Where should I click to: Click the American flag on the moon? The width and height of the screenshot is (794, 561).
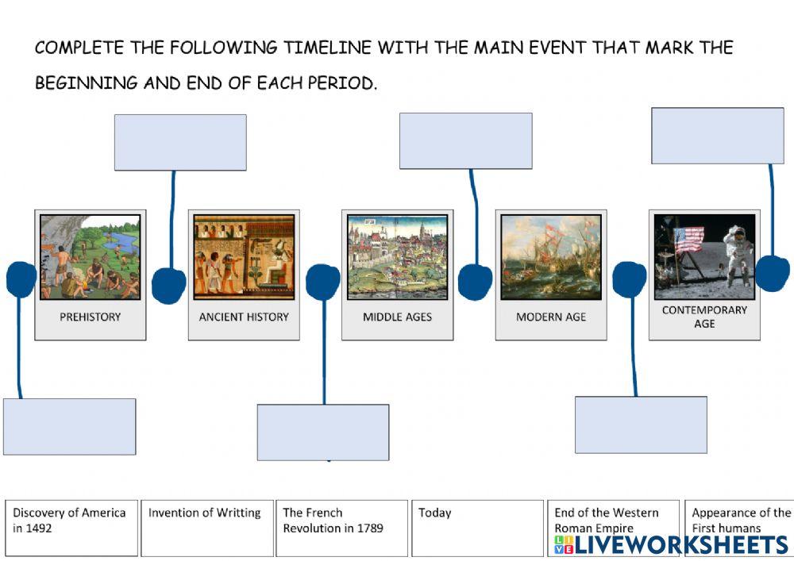click(x=688, y=238)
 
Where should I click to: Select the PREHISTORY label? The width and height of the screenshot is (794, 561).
click(x=91, y=317)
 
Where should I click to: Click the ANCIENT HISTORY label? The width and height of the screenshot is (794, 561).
click(x=244, y=317)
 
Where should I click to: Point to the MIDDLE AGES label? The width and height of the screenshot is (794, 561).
click(x=397, y=317)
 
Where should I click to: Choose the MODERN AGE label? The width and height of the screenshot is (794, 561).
click(x=551, y=317)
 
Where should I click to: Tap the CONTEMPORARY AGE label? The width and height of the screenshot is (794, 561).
click(x=704, y=317)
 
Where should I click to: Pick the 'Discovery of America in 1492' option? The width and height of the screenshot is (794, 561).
click(x=71, y=527)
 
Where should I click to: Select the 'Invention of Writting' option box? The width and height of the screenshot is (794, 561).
click(x=206, y=527)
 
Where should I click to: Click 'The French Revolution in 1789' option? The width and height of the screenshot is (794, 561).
click(x=341, y=527)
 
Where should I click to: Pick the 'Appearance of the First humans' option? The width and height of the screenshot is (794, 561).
click(x=741, y=521)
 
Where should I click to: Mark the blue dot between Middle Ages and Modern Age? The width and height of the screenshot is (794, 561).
click(x=475, y=282)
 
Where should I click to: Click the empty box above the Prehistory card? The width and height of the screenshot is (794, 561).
click(x=180, y=143)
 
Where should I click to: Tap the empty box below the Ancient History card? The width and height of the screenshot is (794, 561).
click(x=323, y=432)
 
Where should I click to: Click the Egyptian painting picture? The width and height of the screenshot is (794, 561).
click(x=244, y=256)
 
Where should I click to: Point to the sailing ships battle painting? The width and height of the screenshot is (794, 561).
click(x=551, y=256)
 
